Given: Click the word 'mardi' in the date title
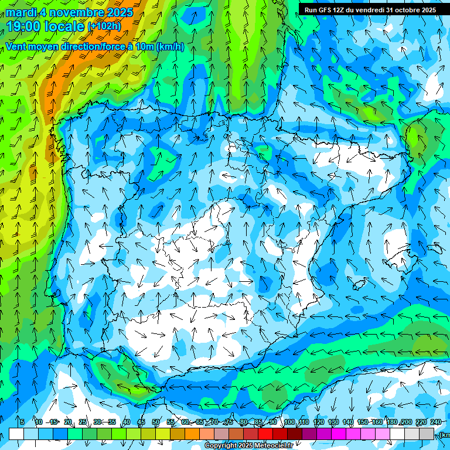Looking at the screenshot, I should tap(20, 12).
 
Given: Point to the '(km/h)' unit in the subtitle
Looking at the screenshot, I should tap(170, 47).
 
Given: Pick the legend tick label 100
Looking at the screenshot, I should tap(289, 422).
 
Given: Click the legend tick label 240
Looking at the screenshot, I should tap(436, 422).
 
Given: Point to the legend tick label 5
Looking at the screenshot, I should tap(22, 422).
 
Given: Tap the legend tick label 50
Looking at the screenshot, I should tap(156, 422).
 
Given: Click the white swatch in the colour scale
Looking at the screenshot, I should tap(16, 434).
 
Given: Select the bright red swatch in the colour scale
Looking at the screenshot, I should tap(265, 434).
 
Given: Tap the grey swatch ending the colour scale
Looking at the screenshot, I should tap(427, 434).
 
